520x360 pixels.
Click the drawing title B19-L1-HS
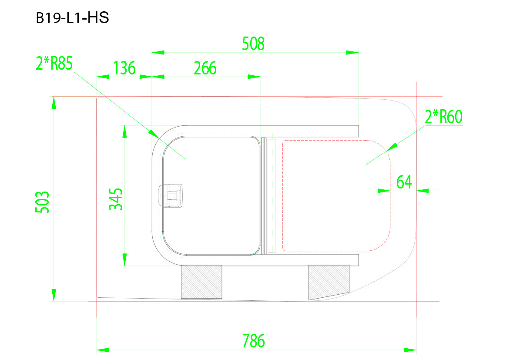72,18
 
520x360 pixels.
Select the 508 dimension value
253,44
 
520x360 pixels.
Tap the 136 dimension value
124,68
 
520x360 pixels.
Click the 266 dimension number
205,68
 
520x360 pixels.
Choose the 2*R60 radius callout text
443,117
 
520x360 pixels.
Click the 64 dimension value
404,182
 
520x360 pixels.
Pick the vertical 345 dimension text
116,199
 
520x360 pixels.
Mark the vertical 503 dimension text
42,202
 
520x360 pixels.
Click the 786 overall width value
253,341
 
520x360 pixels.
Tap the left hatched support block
201,282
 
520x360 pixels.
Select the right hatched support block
329,282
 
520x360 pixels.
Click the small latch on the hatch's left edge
171,195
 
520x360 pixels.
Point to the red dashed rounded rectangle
336,195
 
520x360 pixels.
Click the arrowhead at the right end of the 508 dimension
355,53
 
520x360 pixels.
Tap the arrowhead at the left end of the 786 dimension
101,350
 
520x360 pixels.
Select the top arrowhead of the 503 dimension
54,102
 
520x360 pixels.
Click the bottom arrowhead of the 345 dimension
125,259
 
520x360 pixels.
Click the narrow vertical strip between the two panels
272,196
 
